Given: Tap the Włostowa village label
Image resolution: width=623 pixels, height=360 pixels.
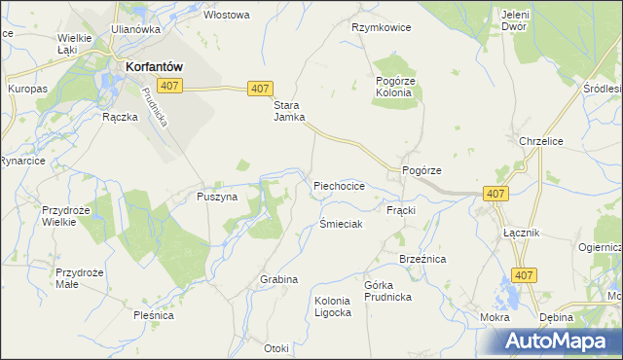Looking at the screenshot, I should pyautogui.click(x=227, y=15).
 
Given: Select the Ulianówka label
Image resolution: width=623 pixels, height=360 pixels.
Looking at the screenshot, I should pyautogui.click(x=135, y=29).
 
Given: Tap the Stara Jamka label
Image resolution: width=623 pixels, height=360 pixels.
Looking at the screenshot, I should pyautogui.click(x=288, y=111).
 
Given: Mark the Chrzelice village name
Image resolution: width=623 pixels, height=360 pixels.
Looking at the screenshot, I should pyautogui.click(x=542, y=141).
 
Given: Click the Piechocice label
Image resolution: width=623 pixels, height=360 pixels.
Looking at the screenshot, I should pyautogui.click(x=339, y=185).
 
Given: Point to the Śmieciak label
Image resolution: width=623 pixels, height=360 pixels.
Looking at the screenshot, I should pyautogui.click(x=341, y=224).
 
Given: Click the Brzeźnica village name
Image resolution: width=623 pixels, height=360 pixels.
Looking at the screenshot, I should pyautogui.click(x=422, y=259).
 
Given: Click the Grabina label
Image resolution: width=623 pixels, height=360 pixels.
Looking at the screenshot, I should pyautogui.click(x=278, y=279).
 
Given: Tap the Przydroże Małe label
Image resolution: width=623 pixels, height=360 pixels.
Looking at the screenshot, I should pyautogui.click(x=80, y=278).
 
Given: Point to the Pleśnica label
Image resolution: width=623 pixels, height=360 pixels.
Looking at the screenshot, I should pyautogui.click(x=154, y=315).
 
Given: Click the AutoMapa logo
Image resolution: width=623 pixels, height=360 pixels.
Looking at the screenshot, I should pyautogui.click(x=561, y=342).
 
